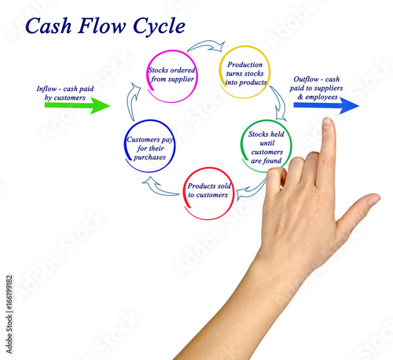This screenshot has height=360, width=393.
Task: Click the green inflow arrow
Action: (77, 105)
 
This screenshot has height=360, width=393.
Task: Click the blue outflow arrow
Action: (326, 105)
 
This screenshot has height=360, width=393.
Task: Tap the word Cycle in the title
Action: (159, 27)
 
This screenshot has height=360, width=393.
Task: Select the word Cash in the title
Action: (49, 26)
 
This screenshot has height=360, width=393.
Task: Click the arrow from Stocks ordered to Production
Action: (207, 44)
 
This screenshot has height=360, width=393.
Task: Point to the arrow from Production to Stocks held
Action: (280, 104)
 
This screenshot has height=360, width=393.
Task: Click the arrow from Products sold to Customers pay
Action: (160, 188)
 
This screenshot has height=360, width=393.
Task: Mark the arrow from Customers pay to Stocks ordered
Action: (133, 101)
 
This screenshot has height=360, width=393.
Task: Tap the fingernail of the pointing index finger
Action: (327, 123)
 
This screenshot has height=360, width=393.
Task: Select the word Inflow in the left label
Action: (46, 89)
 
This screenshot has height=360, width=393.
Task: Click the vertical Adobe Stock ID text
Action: (9, 314)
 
